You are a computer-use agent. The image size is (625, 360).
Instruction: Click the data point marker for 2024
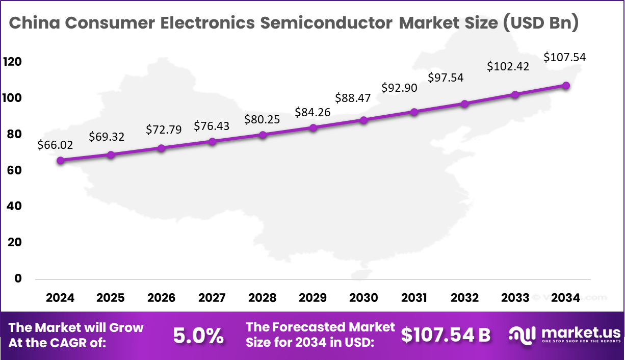tap(61, 160)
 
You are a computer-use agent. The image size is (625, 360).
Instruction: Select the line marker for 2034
tap(566, 86)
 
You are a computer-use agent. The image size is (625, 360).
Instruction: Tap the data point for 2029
tap(313, 127)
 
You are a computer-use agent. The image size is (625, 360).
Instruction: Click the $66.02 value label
tap(55, 145)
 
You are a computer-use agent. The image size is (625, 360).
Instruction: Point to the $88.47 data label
tap(352, 97)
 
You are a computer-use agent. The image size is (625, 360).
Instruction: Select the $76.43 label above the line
tap(212, 125)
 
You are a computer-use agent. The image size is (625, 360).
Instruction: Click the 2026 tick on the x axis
tap(161, 298)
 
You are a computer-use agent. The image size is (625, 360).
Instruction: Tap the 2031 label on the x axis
tap(414, 298)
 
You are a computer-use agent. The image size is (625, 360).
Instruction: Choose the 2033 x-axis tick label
tap(515, 298)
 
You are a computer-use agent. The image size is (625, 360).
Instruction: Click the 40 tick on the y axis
tap(14, 207)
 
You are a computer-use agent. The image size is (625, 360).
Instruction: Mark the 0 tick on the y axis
tap(18, 278)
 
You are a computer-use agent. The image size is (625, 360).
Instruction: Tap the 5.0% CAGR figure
tap(198, 335)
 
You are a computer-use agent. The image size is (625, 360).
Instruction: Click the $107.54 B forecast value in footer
tap(445, 335)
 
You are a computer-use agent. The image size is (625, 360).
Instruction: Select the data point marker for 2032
tap(464, 104)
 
